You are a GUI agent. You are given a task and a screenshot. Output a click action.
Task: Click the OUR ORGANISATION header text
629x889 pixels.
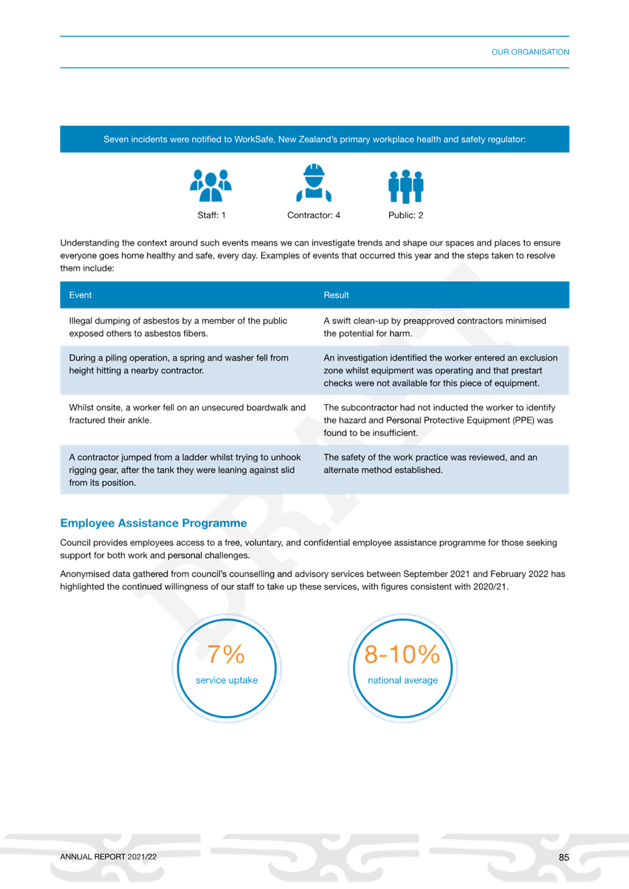click(x=530, y=52)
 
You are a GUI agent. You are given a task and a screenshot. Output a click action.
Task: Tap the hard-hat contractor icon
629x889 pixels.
click(x=314, y=183)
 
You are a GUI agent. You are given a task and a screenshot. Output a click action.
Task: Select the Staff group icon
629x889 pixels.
click(x=211, y=185)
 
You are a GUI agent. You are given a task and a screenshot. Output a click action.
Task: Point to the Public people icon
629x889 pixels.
click(x=405, y=187)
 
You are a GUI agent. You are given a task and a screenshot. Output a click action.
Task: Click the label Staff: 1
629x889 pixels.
click(x=212, y=215)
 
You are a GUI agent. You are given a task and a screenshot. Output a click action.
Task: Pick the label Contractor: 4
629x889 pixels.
click(x=313, y=215)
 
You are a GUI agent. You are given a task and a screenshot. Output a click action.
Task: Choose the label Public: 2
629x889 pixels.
click(x=405, y=215)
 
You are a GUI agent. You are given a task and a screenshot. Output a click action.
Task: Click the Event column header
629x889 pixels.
click(x=80, y=295)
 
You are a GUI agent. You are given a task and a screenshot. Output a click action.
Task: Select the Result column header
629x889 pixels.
click(x=336, y=295)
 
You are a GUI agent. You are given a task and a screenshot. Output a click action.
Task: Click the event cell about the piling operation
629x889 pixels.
click(x=179, y=364)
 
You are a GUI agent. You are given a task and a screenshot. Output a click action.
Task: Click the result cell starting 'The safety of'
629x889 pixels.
click(x=430, y=463)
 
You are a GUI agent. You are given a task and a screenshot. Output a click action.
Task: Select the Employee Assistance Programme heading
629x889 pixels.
click(x=153, y=523)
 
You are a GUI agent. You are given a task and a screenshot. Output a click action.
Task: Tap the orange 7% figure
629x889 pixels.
click(x=226, y=654)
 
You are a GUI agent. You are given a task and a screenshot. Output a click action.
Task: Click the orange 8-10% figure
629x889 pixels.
click(x=402, y=654)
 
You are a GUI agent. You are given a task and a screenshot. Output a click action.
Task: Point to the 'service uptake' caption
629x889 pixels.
click(x=227, y=680)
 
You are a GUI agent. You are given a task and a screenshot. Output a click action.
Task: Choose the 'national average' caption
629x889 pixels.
click(x=403, y=680)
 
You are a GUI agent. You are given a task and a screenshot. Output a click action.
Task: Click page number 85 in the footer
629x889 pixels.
click(x=564, y=857)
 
